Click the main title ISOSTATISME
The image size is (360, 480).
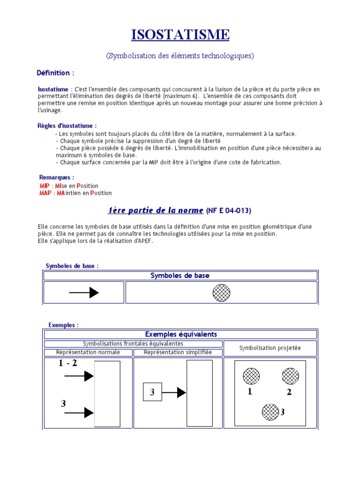coord(180,35)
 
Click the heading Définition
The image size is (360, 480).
coord(55,73)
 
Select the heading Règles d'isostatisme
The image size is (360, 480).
coord(67,126)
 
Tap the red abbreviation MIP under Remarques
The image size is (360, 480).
coord(45,186)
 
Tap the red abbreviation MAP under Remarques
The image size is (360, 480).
coord(45,193)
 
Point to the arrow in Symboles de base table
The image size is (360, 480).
coord(84,293)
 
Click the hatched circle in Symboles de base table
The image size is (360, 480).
coord(221,293)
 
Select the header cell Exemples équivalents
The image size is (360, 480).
coord(181,334)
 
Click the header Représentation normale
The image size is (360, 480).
coord(88,352)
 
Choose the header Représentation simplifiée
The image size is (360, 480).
coord(178,352)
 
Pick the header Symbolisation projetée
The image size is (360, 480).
coord(270,348)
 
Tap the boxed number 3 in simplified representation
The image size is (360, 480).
coord(152,392)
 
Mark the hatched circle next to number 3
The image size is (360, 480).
coord(270,412)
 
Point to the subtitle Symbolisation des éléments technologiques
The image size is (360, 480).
coord(180,56)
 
